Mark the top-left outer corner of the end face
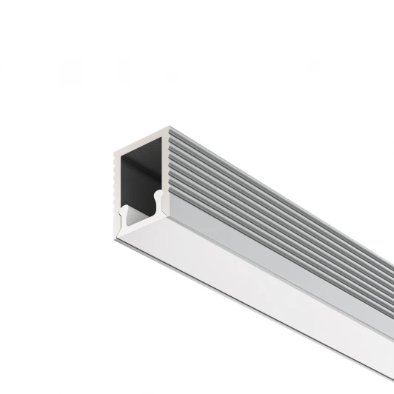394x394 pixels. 113,153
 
